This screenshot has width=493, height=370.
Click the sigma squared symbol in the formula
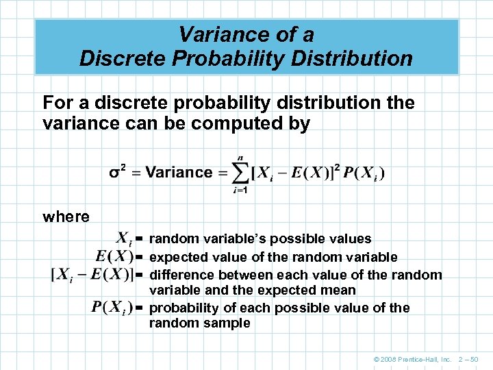[117, 172]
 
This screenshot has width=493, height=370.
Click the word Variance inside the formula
[179, 172]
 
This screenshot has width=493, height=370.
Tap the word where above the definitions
[66, 217]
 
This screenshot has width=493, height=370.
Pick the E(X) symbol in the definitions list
[114, 257]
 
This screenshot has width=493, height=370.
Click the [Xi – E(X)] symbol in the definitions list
[92, 275]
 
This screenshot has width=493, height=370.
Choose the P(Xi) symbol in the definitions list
[112, 306]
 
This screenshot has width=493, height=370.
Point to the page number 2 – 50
[473, 359]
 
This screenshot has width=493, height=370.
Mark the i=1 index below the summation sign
[240, 190]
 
